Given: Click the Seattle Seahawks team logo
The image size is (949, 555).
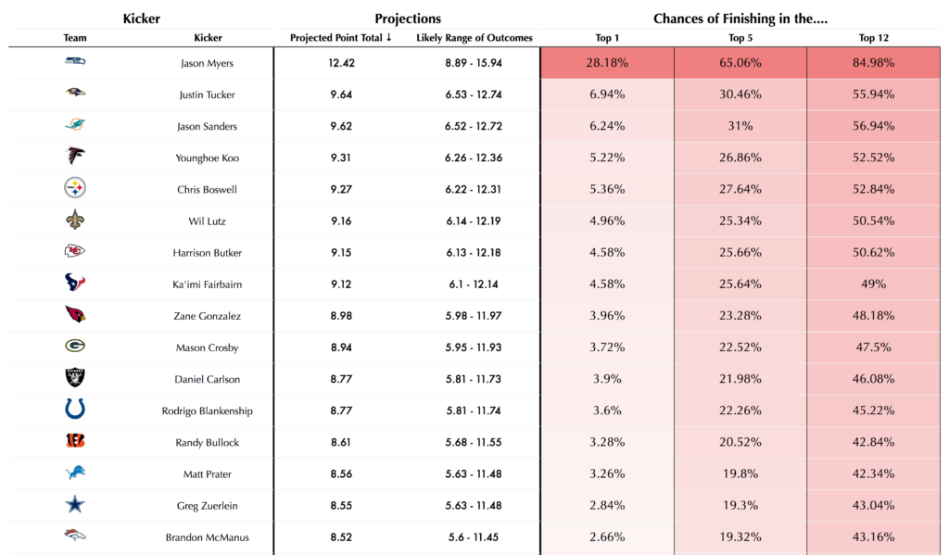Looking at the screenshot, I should point(75,62).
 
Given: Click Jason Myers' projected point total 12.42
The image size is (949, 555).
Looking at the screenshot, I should point(342,63).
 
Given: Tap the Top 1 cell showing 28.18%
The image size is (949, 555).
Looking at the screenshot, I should point(608,63).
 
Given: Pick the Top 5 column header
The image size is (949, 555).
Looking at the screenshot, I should point(740,38).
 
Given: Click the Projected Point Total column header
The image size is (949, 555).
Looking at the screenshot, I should point(341,38).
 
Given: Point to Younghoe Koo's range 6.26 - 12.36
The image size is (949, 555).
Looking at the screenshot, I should point(474,158).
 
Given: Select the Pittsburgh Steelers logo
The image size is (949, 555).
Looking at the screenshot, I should point(75,189).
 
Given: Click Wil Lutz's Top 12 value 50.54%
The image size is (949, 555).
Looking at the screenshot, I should point(872,221).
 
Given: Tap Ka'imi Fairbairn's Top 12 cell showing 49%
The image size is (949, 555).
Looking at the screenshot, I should point(872,284).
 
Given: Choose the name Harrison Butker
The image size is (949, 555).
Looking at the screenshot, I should point(208,253).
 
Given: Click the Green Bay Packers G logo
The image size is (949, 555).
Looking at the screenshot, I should point(75,347).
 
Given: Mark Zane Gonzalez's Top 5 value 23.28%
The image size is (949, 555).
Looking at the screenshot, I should point(740,316).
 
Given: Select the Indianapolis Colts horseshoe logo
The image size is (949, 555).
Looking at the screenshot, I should point(75,410).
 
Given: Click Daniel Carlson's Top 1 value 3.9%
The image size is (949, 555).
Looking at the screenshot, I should point(608,379).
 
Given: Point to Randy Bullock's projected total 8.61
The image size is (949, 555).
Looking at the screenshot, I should point(342,442).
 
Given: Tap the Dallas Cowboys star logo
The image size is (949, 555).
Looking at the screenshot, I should point(75,505).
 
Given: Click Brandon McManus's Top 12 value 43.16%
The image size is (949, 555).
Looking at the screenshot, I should point(872,536).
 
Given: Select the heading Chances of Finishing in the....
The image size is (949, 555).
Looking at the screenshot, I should point(740,19).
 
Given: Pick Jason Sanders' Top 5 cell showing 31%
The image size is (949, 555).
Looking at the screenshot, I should point(740,126).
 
